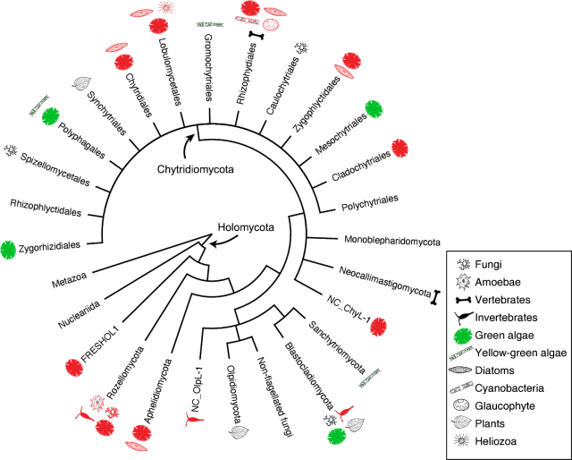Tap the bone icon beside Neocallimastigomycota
click(435, 296)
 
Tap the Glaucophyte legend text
click(513, 405)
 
